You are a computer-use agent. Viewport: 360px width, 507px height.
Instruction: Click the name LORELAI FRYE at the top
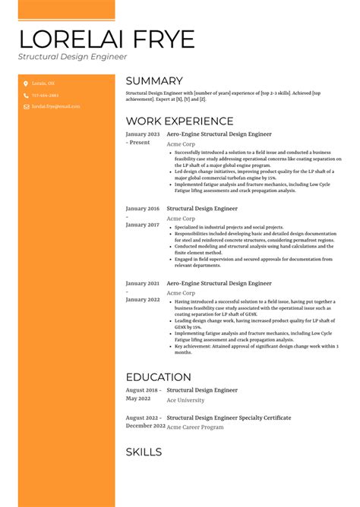[106, 39]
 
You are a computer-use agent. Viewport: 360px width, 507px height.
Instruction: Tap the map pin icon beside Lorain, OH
[25, 83]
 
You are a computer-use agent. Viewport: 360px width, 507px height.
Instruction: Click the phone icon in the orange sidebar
[25, 96]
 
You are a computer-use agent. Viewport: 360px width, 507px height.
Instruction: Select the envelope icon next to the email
[25, 108]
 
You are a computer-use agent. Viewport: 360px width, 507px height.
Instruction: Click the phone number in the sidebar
[45, 96]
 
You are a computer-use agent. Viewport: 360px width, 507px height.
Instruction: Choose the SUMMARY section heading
[154, 81]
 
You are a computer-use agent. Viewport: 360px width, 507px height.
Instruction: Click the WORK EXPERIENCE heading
[179, 121]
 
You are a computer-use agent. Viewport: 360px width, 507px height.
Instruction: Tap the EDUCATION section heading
[158, 377]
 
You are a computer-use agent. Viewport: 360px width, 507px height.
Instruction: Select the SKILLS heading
[144, 452]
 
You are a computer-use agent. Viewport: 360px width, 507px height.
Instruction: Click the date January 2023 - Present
[142, 137]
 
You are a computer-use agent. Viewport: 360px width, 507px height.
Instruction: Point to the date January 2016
[142, 208]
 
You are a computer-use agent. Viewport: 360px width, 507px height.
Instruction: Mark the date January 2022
[142, 299]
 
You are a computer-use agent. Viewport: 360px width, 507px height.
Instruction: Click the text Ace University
[185, 400]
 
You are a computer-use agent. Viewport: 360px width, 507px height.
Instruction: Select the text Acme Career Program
[195, 427]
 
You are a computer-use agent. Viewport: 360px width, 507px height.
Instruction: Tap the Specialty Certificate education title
[229, 417]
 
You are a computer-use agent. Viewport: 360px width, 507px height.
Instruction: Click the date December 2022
[145, 426]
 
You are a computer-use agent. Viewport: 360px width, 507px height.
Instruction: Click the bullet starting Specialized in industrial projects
[229, 227]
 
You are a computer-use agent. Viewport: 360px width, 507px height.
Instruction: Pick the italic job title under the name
[73, 56]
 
